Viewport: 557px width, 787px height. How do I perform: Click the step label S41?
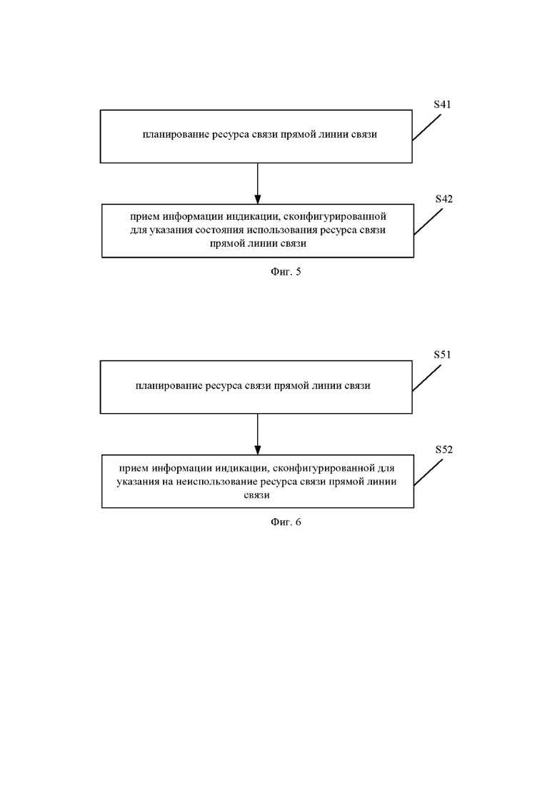[x=443, y=104]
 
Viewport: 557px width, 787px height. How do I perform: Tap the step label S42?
[x=444, y=199]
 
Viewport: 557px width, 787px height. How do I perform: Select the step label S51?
[x=443, y=355]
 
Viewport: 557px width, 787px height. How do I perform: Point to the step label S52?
[x=444, y=450]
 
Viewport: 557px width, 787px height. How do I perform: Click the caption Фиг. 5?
[x=286, y=272]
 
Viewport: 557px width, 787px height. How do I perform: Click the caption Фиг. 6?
[x=286, y=522]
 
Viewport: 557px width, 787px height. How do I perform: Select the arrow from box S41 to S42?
[x=258, y=183]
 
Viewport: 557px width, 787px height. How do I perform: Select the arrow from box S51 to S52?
[x=258, y=434]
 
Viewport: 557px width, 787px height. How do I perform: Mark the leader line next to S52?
[x=428, y=473]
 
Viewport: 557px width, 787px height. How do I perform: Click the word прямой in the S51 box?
[x=291, y=386]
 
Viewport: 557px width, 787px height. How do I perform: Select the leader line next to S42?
[x=428, y=222]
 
